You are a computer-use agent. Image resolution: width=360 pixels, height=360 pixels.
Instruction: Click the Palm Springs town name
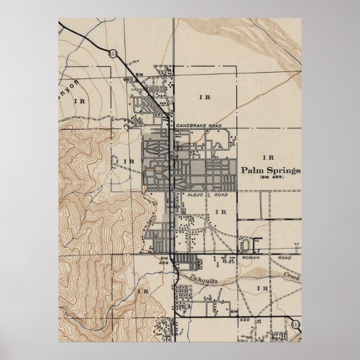pyautogui.click(x=269, y=170)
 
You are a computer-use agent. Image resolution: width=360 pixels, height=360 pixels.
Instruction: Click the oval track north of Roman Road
pyautogui.click(x=245, y=244)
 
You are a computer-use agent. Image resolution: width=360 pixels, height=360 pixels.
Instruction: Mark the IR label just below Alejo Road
pyautogui.click(x=219, y=213)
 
